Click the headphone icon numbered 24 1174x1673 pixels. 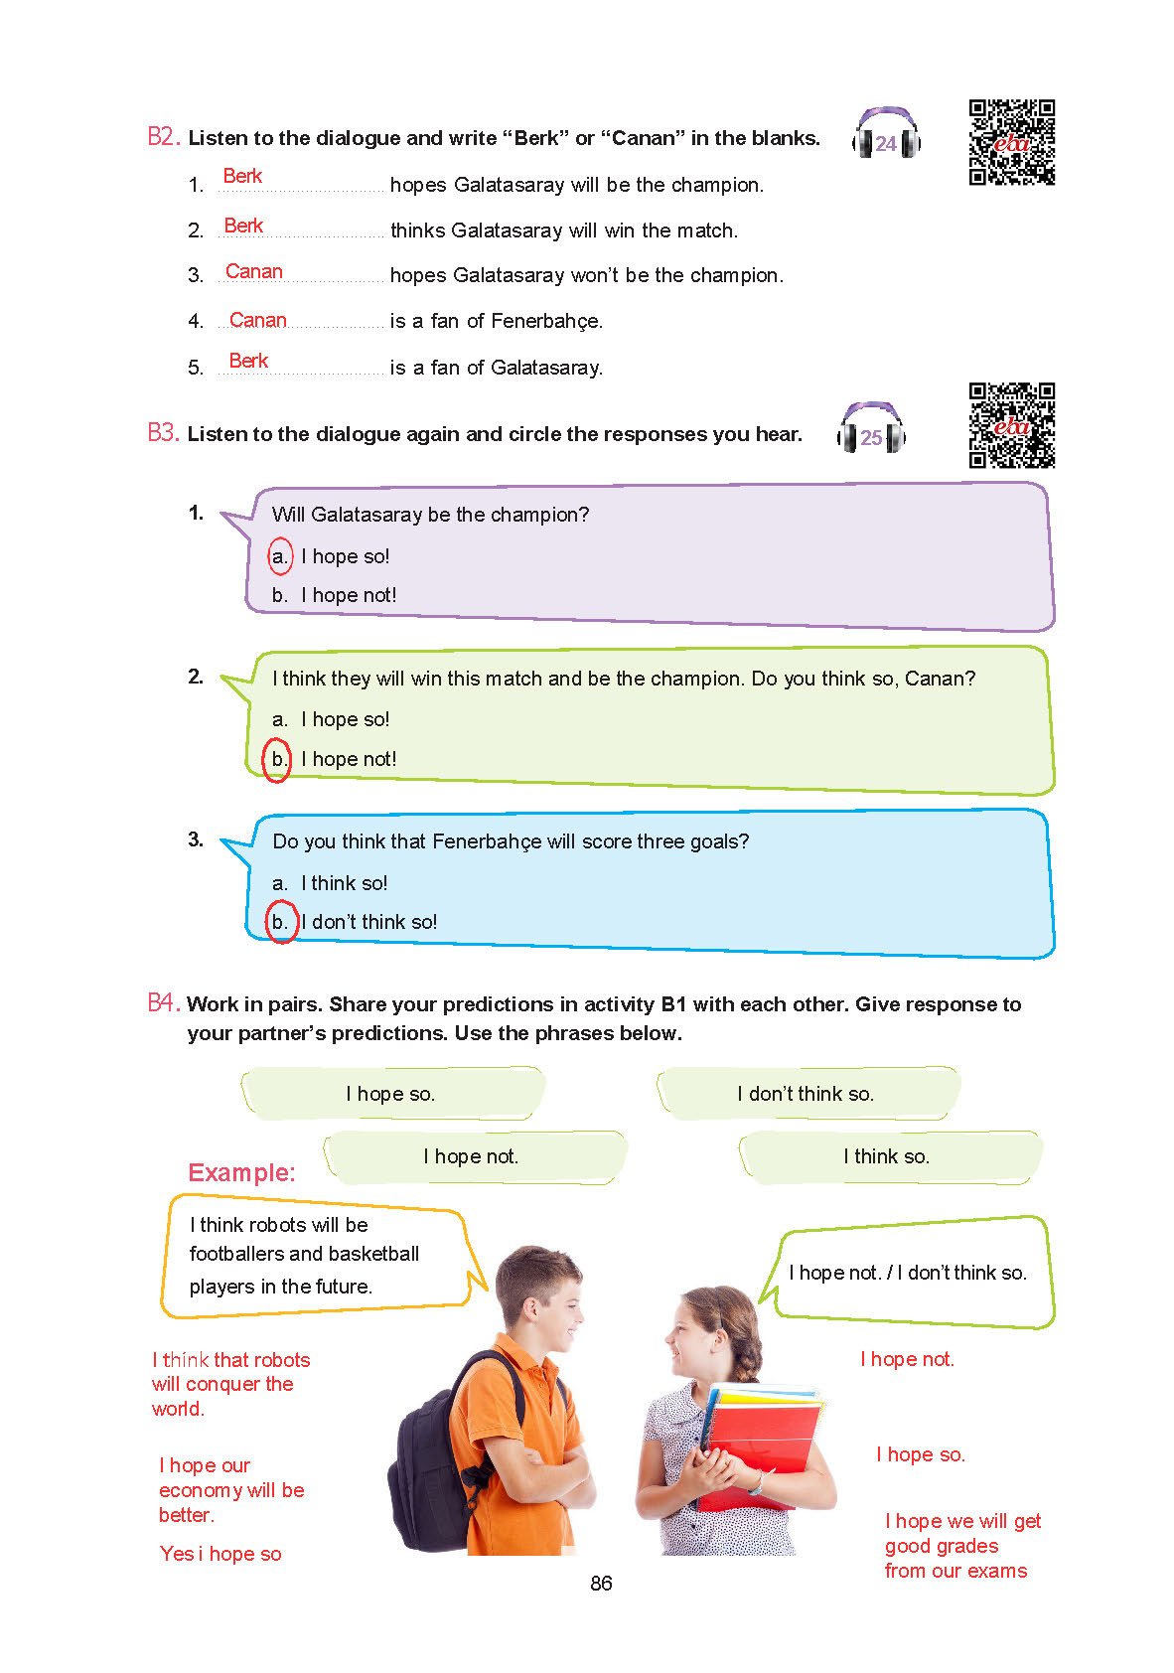point(886,133)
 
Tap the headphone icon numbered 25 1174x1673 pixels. point(871,428)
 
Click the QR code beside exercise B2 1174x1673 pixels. point(1011,142)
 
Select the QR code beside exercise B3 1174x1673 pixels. point(1011,425)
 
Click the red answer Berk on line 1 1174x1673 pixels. point(242,177)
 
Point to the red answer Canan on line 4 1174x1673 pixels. point(257,320)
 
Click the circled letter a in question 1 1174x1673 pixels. point(280,556)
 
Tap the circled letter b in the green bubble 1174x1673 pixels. point(278,760)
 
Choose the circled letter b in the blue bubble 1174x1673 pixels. point(280,922)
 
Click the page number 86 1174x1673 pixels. point(601,1584)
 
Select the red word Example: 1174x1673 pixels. point(241,1172)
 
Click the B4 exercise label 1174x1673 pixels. point(163,1003)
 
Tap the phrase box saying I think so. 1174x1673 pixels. point(887,1156)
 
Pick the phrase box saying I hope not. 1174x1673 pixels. point(473,1156)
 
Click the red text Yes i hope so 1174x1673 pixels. point(220,1554)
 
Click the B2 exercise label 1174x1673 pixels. point(163,137)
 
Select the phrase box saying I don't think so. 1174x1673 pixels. point(806,1094)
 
